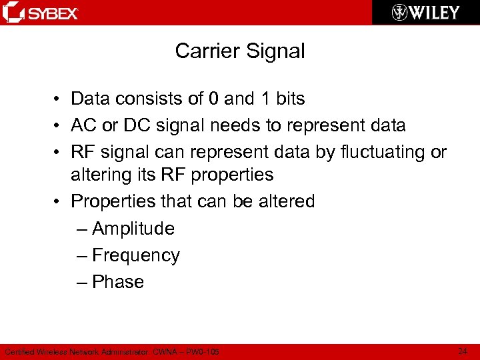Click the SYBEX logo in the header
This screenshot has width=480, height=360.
(x=41, y=13)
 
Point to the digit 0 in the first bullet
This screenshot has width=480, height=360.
(x=213, y=99)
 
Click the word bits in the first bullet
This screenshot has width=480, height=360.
(x=290, y=99)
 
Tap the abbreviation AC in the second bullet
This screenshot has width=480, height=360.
(x=83, y=125)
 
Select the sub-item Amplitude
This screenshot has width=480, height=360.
(x=133, y=229)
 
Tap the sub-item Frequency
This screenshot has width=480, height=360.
(x=136, y=255)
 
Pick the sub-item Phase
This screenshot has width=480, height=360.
(x=118, y=282)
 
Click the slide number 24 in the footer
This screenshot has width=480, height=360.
(x=463, y=351)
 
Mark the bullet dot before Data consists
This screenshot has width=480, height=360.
(x=59, y=99)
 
